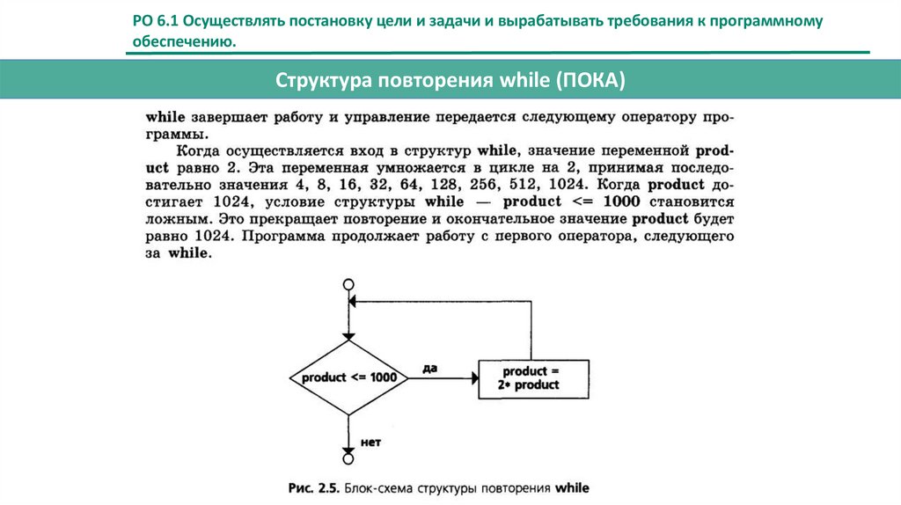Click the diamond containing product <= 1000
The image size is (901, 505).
click(348, 377)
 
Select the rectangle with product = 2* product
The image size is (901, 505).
click(531, 377)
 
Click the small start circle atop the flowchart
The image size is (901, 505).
click(348, 284)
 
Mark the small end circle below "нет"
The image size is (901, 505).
click(348, 458)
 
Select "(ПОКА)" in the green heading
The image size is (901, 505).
click(590, 81)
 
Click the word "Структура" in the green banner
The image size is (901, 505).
click(323, 81)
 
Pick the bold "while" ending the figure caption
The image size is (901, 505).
click(570, 487)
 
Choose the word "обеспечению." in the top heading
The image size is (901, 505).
click(185, 41)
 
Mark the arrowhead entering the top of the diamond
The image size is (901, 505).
click(348, 336)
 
